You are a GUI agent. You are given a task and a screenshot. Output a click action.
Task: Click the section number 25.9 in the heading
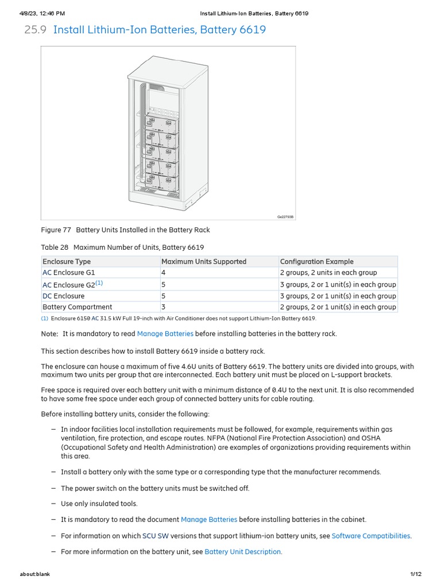point(35,29)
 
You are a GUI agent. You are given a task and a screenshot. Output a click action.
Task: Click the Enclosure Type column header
point(66,261)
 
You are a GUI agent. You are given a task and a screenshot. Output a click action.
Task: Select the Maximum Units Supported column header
point(203,261)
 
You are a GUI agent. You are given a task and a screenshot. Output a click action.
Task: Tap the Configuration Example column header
point(316,261)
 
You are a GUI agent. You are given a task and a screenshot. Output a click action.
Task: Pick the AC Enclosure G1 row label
point(69,273)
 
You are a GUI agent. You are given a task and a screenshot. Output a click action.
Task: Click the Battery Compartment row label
point(77,307)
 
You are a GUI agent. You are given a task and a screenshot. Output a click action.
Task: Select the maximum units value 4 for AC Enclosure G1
point(164,273)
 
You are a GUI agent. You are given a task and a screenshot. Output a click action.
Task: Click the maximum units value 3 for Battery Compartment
point(164,307)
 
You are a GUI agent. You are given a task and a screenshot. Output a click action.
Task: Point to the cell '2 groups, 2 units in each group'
point(328,273)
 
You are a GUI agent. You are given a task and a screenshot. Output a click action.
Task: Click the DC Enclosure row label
point(63,296)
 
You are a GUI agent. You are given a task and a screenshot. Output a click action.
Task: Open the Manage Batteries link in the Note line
point(165,334)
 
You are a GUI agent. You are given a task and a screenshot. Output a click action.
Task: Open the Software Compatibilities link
point(371,536)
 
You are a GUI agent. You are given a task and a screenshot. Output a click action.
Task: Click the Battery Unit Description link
point(243,552)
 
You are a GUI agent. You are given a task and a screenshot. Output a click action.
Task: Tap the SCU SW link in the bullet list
point(152,536)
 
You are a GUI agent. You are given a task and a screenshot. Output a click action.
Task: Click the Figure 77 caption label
point(56,230)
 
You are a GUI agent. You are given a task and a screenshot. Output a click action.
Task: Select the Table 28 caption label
point(55,247)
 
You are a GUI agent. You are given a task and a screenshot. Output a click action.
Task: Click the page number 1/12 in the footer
point(416,574)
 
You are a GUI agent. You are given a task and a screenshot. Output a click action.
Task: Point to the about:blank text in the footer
point(35,574)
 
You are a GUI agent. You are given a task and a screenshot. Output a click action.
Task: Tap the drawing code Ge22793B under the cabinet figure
point(285,217)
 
